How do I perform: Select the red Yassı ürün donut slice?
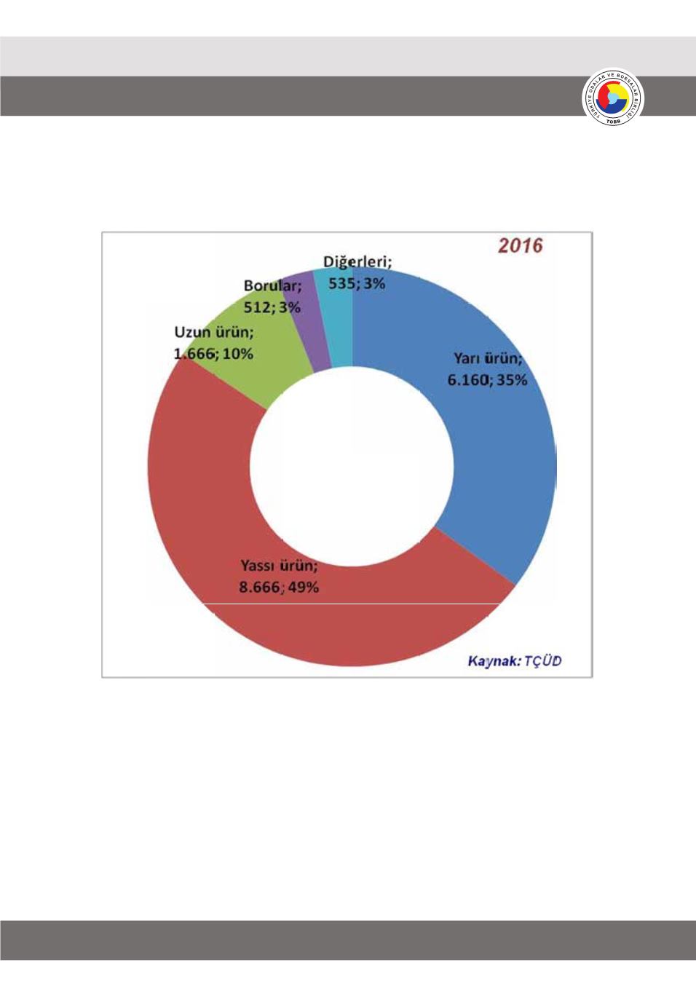pos(218,510)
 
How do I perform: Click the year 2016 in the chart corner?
pos(521,245)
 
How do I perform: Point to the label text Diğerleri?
pos(357,262)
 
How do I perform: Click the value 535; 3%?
pos(357,283)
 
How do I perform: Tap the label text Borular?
pos(272,286)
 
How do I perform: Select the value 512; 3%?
pos(272,307)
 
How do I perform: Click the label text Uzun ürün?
pos(214,333)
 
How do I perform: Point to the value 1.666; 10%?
pos(213,354)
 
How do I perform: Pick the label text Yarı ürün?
pos(488,358)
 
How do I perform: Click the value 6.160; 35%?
pos(487,379)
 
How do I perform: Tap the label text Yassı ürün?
pos(279,566)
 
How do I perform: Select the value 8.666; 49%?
pos(279,587)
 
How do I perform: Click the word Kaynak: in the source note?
pos(494,661)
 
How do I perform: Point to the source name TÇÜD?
pos(543,661)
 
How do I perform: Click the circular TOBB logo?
pos(613,98)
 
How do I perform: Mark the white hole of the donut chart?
pos(352,466)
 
